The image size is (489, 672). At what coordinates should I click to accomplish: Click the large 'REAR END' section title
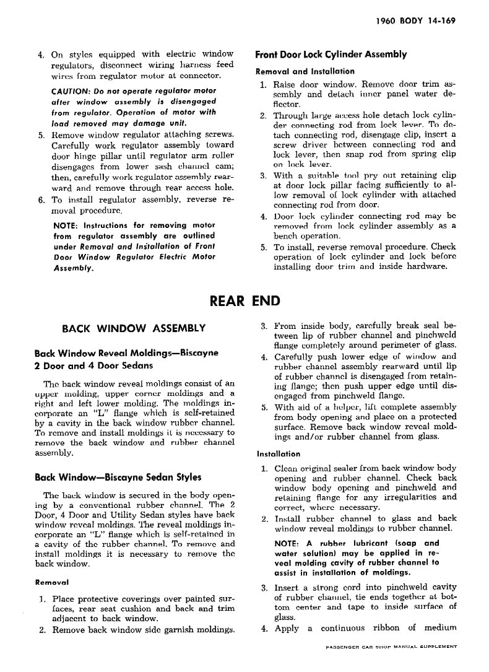(x=245, y=302)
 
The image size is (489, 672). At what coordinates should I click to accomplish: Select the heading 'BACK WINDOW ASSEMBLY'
(x=134, y=328)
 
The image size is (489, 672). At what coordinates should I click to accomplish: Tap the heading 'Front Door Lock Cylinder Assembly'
(x=331, y=55)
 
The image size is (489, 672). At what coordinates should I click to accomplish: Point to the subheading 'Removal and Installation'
(x=305, y=71)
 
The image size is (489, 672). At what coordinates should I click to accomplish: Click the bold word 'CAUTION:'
(x=73, y=91)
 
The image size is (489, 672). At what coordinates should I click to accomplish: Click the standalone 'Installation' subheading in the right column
(x=278, y=453)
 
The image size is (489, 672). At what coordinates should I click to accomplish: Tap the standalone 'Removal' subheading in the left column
(x=51, y=582)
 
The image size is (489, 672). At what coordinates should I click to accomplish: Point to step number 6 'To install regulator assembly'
(x=41, y=200)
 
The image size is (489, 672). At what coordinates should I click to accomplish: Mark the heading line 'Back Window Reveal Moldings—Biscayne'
(x=126, y=354)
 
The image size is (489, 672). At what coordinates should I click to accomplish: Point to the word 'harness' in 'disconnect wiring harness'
(x=183, y=64)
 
